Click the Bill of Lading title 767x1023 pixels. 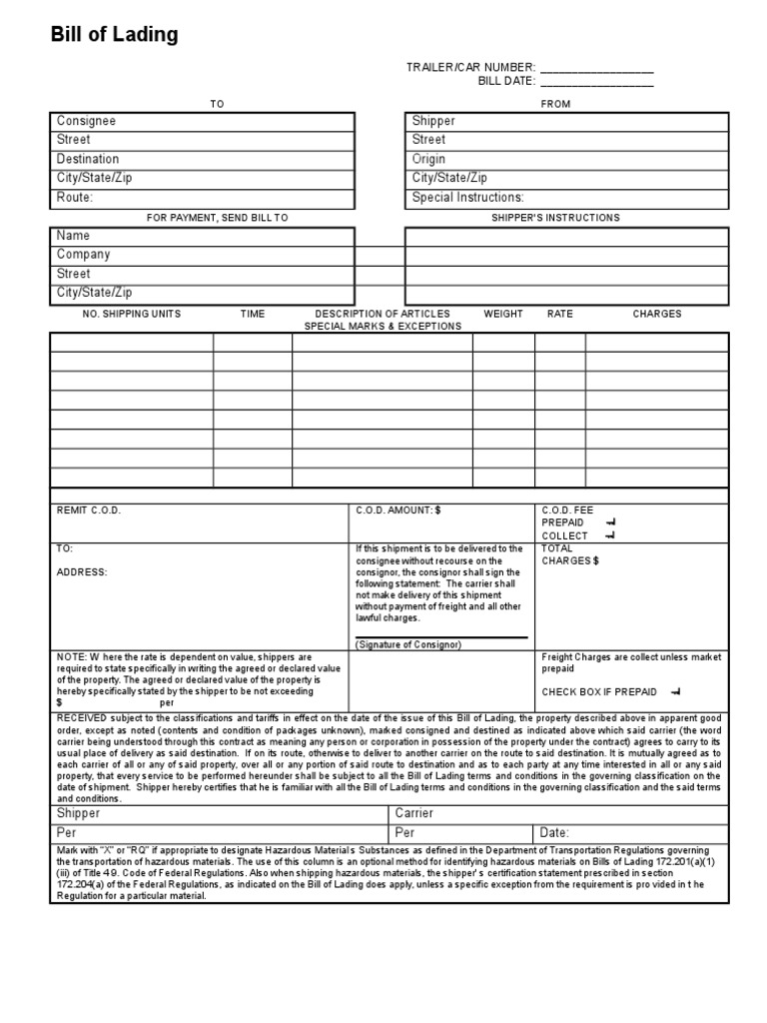tap(115, 35)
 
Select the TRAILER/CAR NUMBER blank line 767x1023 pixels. tap(597, 68)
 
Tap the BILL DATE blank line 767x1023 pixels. tap(597, 82)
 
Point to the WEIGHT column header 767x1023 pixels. tap(503, 314)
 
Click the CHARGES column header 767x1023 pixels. tap(656, 314)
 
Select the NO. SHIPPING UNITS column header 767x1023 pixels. tap(132, 314)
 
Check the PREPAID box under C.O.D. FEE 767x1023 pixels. tap(610, 522)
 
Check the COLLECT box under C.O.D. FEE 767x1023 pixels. tap(610, 535)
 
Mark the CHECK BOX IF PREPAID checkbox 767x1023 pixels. tap(676, 691)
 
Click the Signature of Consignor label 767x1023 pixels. tap(407, 644)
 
